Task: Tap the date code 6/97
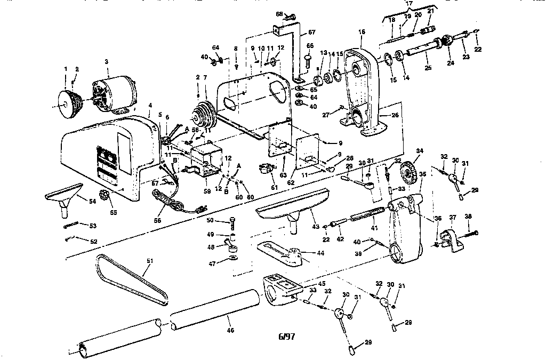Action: click(287, 337)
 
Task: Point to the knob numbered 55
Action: click(105, 195)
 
